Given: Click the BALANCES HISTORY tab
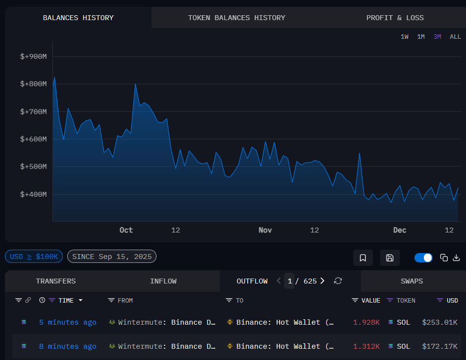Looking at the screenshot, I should coord(78,18).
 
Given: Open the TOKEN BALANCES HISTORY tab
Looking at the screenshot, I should coord(236,18).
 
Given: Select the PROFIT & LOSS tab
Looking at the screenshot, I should coord(395,18).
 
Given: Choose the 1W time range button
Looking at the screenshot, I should coord(404,37).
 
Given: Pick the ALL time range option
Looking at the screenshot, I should coord(455,37).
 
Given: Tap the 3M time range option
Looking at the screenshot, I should coord(437,37).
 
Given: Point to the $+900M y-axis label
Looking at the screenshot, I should coord(33,56).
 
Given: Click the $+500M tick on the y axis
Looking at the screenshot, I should coord(33,167).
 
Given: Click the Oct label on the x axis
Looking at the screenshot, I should coord(126,230).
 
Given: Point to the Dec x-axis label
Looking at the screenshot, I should coord(400,230).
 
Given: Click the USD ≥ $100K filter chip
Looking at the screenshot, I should coord(34,257).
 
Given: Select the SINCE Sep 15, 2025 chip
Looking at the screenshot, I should coord(112,257).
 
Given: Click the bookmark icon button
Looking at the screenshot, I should coord(363,258).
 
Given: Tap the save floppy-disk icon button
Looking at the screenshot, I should coord(389,258).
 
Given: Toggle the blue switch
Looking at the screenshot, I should coord(423,257).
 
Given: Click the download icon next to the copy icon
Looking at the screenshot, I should coord(456,257).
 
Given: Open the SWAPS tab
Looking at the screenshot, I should coord(411,281).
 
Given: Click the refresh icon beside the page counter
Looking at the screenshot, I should coord(337,281).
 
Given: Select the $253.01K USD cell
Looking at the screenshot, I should coord(440,322).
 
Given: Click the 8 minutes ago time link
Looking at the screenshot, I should coord(68,346).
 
